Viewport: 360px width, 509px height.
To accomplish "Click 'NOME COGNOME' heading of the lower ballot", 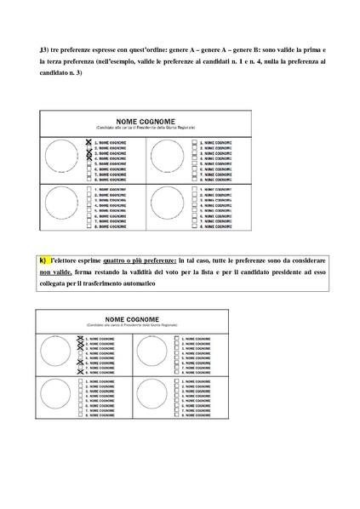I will click(141, 320).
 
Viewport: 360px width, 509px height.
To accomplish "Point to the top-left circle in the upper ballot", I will click(63, 157).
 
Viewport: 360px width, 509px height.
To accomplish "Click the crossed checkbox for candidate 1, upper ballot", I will click(88, 141).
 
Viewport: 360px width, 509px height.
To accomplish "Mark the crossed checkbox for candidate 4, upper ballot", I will click(88, 157).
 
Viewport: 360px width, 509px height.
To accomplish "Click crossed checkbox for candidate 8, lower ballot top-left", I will click(81, 373).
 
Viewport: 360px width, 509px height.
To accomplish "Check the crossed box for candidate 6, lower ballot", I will click(81, 363).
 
